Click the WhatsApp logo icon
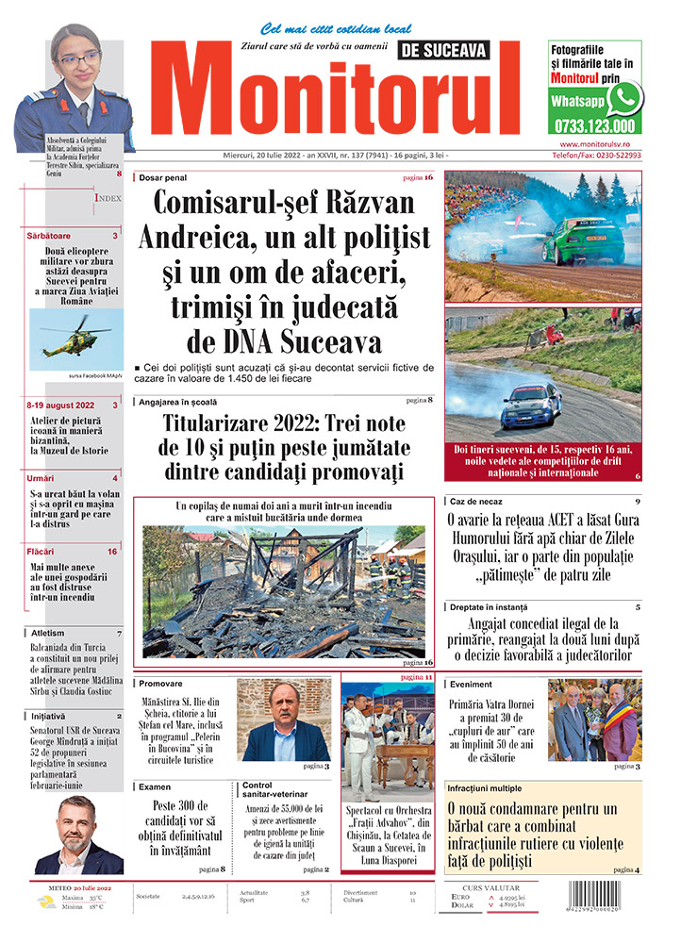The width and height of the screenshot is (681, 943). (624, 98)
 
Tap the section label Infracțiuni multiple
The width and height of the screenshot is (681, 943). (497, 787)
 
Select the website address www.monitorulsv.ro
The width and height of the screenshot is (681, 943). (594, 143)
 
